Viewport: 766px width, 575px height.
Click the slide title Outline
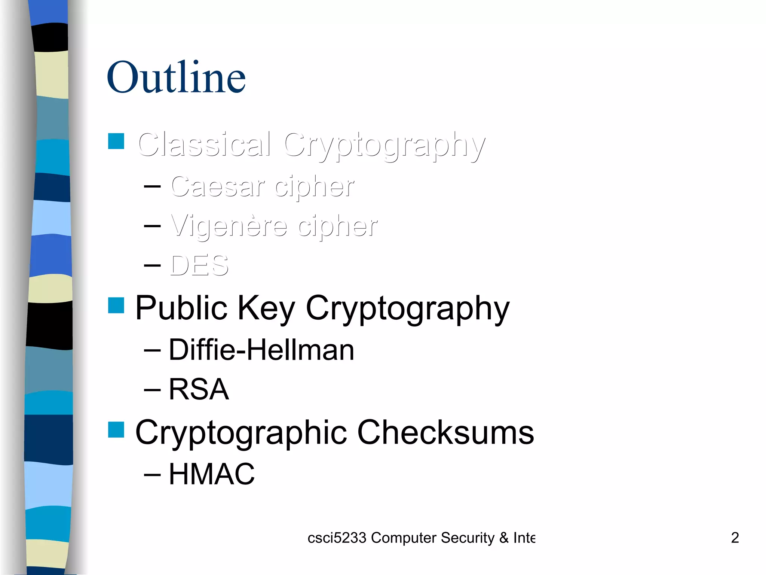tap(176, 77)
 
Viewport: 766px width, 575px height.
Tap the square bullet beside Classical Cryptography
tap(116, 141)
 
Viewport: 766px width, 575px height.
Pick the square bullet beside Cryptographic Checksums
tap(116, 429)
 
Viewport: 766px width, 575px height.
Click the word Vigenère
tap(229, 226)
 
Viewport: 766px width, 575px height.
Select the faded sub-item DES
tap(199, 265)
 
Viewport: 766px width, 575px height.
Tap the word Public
tap(181, 308)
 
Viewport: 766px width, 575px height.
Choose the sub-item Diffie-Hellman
tap(261, 350)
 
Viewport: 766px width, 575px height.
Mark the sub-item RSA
tap(199, 389)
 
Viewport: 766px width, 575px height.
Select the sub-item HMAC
tap(212, 474)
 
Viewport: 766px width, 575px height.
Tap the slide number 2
tap(735, 538)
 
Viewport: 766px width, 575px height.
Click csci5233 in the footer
tap(337, 538)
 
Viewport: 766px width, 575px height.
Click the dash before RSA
tap(152, 390)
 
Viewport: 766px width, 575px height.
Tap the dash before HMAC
tap(152, 474)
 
